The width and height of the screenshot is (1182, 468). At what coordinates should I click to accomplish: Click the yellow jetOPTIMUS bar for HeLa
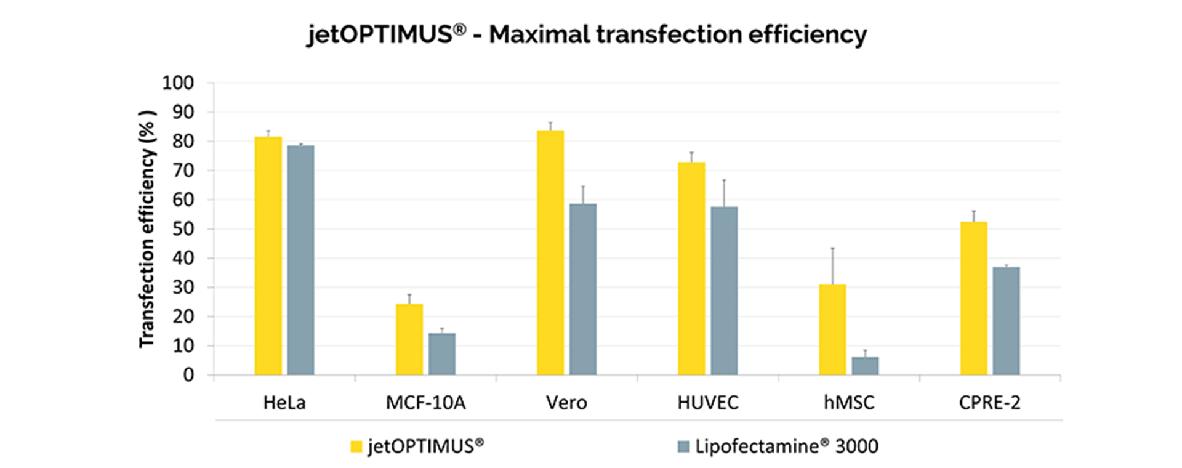(x=268, y=256)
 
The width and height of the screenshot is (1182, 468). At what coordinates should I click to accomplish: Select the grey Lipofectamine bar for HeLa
(x=301, y=260)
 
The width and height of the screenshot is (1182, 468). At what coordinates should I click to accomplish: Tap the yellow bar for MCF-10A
(x=409, y=339)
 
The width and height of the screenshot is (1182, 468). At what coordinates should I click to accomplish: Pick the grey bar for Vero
(x=583, y=289)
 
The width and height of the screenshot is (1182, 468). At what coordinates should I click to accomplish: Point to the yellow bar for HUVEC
(x=692, y=268)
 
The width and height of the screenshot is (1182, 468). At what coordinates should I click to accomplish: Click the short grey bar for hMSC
(x=866, y=366)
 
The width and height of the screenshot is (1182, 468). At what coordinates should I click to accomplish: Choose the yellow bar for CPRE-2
(x=974, y=298)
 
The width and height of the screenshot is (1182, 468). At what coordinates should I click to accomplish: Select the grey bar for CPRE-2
(x=1007, y=321)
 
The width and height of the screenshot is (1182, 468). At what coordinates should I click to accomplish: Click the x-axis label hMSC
(x=849, y=403)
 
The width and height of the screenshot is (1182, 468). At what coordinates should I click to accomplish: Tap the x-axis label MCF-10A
(x=425, y=403)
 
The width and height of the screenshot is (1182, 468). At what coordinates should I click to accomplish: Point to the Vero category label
(x=566, y=403)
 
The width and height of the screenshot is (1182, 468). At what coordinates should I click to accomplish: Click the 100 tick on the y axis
(x=178, y=83)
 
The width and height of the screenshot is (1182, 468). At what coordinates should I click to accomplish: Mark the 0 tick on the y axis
(x=188, y=375)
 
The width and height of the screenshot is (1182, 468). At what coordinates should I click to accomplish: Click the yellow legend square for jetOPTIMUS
(x=356, y=446)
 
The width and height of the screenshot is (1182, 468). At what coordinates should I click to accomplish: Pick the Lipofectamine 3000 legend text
(x=787, y=446)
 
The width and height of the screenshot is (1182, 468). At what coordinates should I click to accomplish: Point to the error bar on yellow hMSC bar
(x=833, y=266)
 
